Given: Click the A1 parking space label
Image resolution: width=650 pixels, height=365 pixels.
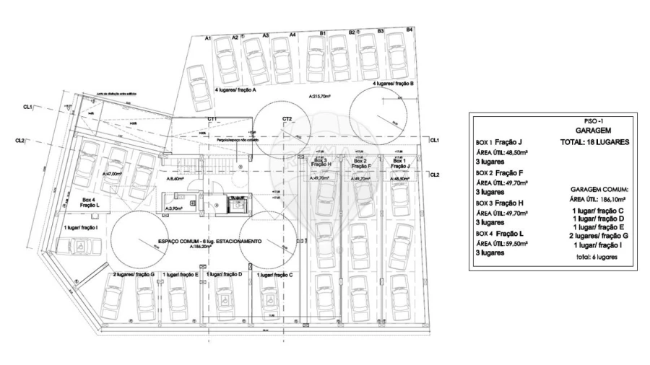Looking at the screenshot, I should [207, 38].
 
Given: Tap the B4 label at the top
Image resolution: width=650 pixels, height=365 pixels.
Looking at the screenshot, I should [409, 30].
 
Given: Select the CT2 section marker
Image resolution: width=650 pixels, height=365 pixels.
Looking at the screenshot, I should [287, 118].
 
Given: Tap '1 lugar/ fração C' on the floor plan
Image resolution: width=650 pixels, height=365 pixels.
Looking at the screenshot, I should [274, 275].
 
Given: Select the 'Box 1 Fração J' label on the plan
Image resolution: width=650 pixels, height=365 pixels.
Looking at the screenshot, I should [399, 162].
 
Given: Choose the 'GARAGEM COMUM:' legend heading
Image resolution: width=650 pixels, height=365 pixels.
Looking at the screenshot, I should [593, 188].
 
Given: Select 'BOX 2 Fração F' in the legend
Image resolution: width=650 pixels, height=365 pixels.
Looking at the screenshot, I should [499, 173].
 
